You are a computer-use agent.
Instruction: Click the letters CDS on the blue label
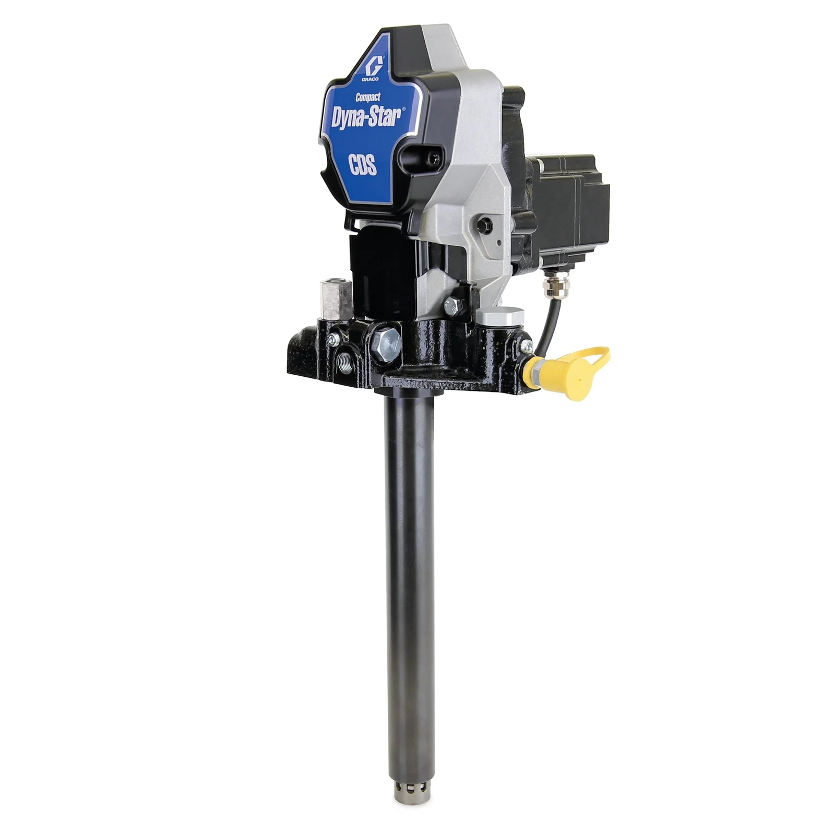coord(363,166)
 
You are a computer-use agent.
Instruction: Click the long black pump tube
coord(409,574)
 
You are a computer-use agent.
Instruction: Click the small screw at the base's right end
coord(526,344)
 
